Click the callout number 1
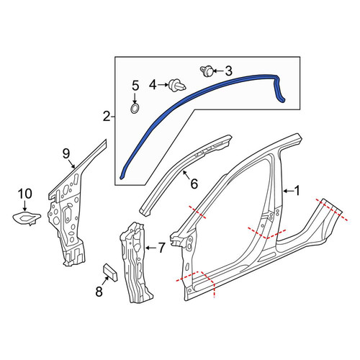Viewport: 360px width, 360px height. coord(297,191)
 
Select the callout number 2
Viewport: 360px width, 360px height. coord(107,117)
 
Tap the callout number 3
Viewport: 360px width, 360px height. coord(229,71)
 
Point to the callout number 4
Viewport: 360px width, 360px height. coord(153,85)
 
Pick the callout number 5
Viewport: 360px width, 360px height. coord(135,86)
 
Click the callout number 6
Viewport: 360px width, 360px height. coord(194,184)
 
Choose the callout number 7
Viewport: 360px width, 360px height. coord(162,248)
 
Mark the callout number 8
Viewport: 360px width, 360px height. coord(99,292)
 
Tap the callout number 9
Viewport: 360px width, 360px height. coord(66,153)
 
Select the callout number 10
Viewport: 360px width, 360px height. coord(25,194)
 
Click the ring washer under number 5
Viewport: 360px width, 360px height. coord(135,108)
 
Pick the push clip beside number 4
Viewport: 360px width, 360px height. coord(177,85)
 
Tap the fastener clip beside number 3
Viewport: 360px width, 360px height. coord(207,71)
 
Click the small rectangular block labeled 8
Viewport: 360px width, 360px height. coord(110,272)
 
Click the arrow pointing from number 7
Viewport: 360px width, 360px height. coord(152,248)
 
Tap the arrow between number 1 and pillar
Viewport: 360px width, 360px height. coord(288,191)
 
